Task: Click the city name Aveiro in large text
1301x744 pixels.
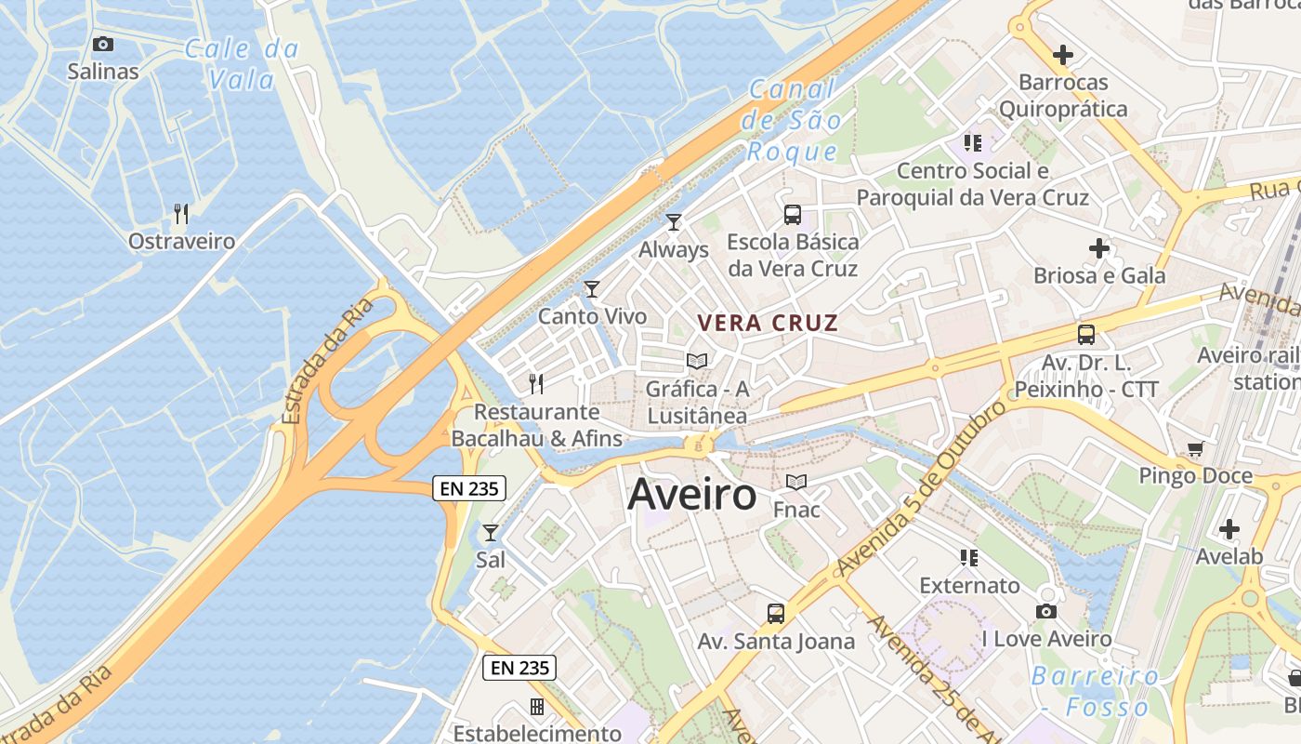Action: click(692, 495)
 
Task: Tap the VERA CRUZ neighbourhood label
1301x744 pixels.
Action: click(768, 324)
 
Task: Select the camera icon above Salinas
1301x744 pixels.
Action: click(103, 44)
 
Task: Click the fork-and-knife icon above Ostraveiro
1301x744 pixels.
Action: click(181, 214)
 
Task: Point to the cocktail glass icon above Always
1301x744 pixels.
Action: click(674, 222)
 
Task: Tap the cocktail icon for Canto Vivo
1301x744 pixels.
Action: click(592, 289)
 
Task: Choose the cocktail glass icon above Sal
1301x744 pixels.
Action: click(491, 533)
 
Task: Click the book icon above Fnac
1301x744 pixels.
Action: click(796, 482)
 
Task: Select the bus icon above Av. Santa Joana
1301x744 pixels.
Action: click(776, 614)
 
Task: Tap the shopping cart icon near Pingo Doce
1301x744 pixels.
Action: click(1195, 449)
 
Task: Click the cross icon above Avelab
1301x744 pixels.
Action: click(1229, 529)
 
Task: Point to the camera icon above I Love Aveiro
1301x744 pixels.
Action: click(1046, 611)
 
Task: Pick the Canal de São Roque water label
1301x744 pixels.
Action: click(793, 121)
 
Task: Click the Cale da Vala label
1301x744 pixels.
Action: click(242, 63)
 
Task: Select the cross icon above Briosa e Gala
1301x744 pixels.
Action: click(1099, 248)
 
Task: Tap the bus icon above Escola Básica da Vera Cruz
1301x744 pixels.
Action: click(793, 215)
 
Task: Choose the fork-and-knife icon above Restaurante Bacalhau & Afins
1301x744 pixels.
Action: click(536, 383)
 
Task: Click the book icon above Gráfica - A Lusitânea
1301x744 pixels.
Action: click(697, 361)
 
